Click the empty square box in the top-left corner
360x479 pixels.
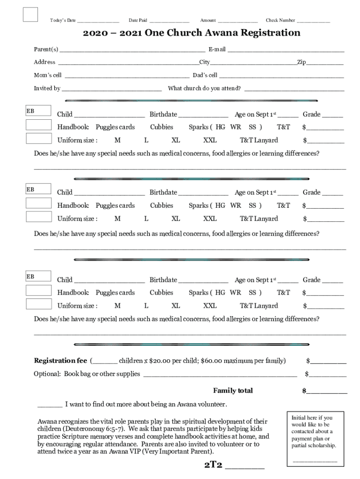point(30,15)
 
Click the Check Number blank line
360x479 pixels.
point(313,22)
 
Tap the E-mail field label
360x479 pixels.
point(217,49)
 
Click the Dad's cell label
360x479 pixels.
point(205,75)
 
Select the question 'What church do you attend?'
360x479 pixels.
point(204,88)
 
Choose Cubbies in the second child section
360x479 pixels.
point(161,205)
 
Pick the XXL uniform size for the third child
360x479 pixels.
point(210,306)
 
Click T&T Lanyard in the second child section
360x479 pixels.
point(259,218)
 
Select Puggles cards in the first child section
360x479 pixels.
point(115,127)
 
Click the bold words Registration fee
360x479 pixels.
point(60,361)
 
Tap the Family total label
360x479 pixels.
point(233,391)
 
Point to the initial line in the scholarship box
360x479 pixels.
point(315,461)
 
